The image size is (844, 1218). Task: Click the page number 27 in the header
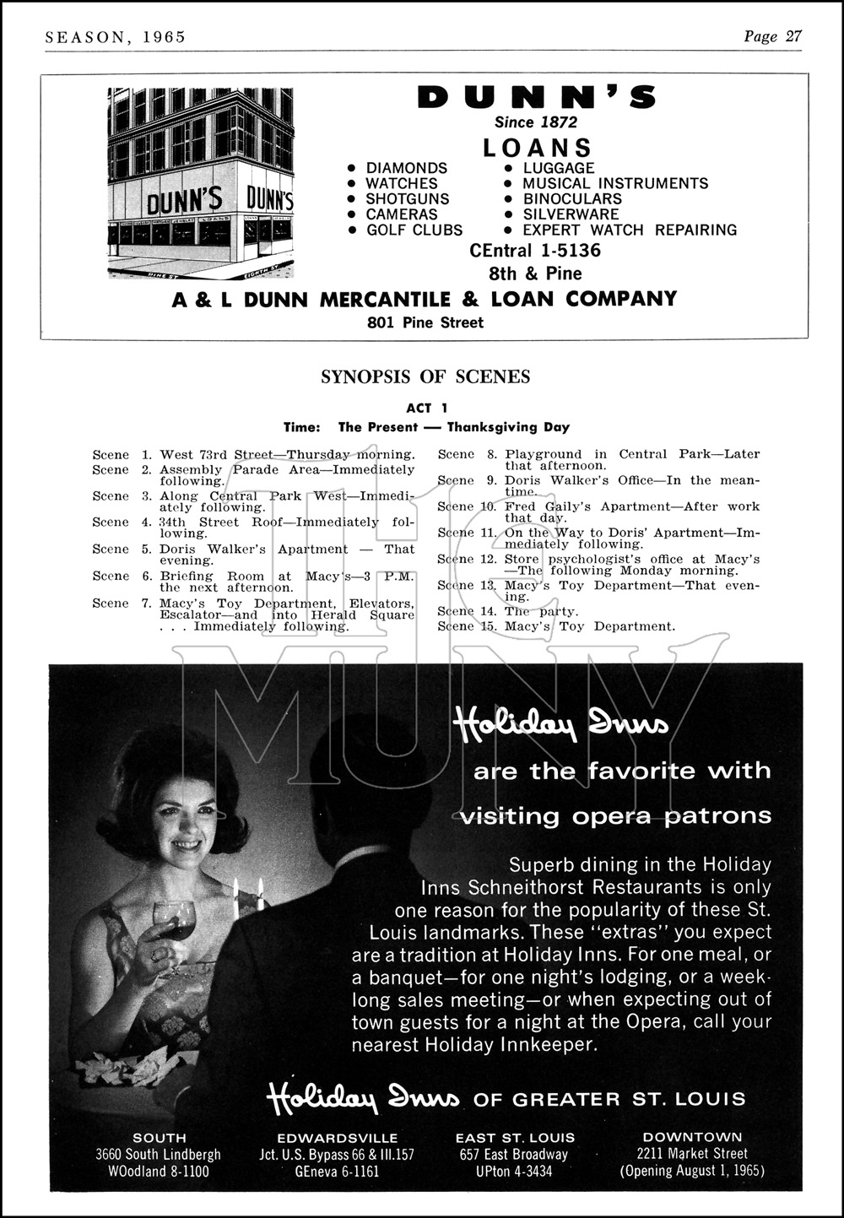tap(793, 35)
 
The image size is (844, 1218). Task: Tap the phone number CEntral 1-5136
tap(535, 251)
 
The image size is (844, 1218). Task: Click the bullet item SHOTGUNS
tap(408, 198)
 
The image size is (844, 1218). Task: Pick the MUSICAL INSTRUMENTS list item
tap(615, 183)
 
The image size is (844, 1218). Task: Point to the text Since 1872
tap(536, 122)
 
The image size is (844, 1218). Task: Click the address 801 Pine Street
tap(425, 322)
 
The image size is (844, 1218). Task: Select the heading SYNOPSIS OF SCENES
tap(425, 377)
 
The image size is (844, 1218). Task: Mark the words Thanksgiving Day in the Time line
tap(508, 427)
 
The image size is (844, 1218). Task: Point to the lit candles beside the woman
tap(248, 893)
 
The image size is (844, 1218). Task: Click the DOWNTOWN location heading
tap(692, 1137)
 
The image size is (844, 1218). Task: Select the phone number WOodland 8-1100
tap(160, 1171)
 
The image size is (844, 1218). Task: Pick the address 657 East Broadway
tap(515, 1154)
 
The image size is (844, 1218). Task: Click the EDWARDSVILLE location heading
tap(338, 1137)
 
